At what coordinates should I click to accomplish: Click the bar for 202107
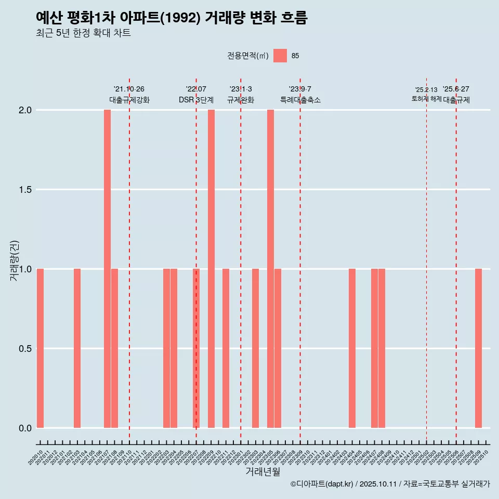click(107, 269)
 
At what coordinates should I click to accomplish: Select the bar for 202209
click(211, 269)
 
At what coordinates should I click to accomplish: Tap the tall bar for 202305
click(270, 269)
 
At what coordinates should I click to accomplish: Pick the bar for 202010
click(40, 348)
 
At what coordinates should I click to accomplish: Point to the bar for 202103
click(77, 348)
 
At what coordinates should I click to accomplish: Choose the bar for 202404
click(352, 348)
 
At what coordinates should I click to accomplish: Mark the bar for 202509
click(478, 348)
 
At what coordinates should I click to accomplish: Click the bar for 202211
click(226, 348)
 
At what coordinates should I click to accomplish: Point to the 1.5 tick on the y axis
click(25, 190)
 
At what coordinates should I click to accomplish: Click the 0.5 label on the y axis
click(25, 349)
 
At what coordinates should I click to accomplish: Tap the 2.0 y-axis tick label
click(25, 110)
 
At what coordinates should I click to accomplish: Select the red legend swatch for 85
click(280, 56)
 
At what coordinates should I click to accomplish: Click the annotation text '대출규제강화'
click(129, 100)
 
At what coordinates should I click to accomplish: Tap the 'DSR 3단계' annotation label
click(196, 100)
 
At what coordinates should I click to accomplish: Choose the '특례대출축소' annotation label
click(300, 100)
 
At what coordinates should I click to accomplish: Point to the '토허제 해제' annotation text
click(426, 99)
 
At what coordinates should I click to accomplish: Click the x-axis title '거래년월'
click(262, 472)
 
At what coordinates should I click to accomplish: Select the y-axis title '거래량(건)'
click(15, 260)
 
